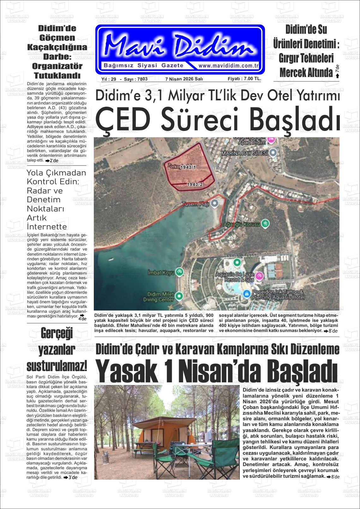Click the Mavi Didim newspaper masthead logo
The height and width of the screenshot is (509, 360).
(x=179, y=46)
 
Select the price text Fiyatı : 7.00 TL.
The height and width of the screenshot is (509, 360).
(x=244, y=79)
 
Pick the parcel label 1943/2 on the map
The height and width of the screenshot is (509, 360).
(x=195, y=184)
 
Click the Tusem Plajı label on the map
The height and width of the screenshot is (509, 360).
(x=195, y=204)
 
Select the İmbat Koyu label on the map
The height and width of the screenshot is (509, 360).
(x=161, y=272)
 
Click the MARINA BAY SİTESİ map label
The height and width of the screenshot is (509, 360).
(x=244, y=153)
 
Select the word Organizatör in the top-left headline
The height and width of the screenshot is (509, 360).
(x=57, y=66)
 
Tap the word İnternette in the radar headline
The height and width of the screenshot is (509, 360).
(x=47, y=227)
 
